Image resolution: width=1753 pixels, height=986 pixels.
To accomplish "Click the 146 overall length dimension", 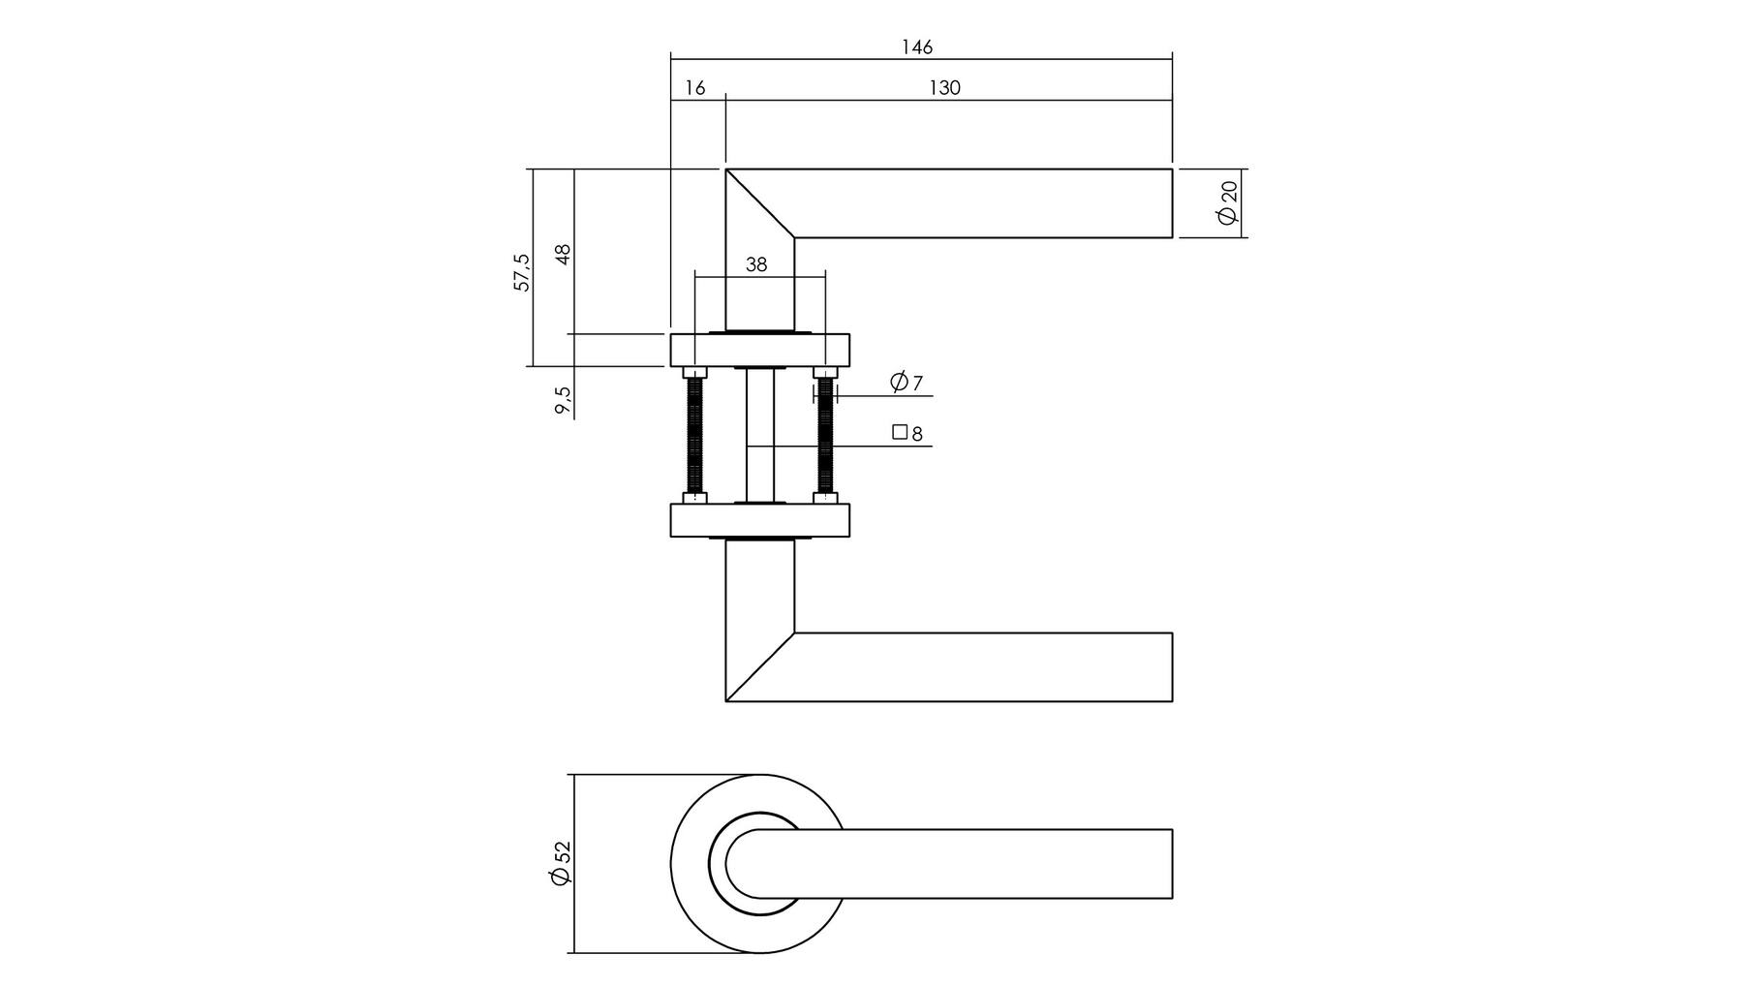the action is (x=917, y=47).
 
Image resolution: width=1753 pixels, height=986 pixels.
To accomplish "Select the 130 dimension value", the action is (x=944, y=88).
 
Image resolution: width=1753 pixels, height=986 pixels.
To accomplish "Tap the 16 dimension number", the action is (x=695, y=88).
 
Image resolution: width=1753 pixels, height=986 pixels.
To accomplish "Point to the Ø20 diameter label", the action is (x=1228, y=202).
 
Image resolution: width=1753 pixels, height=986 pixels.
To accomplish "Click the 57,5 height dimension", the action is (x=522, y=272).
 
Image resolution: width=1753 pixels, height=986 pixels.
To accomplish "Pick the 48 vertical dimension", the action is (x=563, y=254).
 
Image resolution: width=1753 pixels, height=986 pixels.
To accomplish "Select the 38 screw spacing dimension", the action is (x=756, y=263).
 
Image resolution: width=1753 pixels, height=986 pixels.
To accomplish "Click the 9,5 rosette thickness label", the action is (x=563, y=401).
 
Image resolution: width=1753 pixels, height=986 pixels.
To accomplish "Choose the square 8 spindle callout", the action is (x=907, y=433).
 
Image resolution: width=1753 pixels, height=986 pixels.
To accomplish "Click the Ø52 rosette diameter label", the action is (x=561, y=862).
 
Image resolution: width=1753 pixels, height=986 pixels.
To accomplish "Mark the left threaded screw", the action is (x=694, y=436).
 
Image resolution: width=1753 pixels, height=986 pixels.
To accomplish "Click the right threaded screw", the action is (x=825, y=436).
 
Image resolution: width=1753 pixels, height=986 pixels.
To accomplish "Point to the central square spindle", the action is (x=760, y=435).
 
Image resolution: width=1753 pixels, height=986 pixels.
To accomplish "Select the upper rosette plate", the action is (x=760, y=351).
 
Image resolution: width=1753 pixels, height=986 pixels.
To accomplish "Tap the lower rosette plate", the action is (x=760, y=520).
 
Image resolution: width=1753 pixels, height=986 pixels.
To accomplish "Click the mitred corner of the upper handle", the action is (x=760, y=202).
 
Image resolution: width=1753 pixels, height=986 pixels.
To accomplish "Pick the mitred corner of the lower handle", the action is (x=760, y=667).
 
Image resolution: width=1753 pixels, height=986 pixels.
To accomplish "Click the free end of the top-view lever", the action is (x=1172, y=864).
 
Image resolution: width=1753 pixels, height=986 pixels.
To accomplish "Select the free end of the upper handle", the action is (x=1172, y=202).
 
